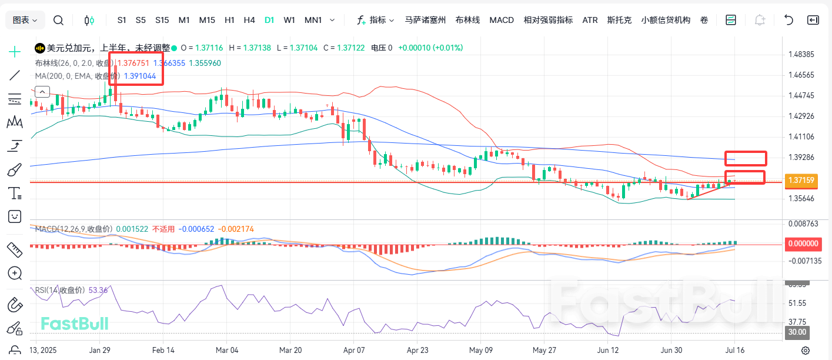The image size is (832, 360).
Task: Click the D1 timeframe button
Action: [x=269, y=20]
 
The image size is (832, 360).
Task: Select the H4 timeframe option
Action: [x=249, y=20]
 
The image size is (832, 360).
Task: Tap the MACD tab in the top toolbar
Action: [x=502, y=20]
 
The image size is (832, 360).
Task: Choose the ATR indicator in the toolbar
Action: [x=590, y=20]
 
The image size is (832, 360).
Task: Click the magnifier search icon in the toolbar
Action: [x=58, y=21]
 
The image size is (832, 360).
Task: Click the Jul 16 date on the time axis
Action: [x=735, y=349]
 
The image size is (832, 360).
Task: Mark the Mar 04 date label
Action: [x=226, y=349]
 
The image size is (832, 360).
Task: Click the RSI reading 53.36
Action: [x=98, y=290]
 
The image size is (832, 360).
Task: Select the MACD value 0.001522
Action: [x=132, y=229]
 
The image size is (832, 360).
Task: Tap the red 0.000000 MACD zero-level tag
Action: [x=802, y=243]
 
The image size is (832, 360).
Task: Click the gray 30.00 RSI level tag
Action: [x=797, y=332]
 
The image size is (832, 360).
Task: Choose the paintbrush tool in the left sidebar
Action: [x=15, y=170]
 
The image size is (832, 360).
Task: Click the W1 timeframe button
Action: [x=289, y=20]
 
